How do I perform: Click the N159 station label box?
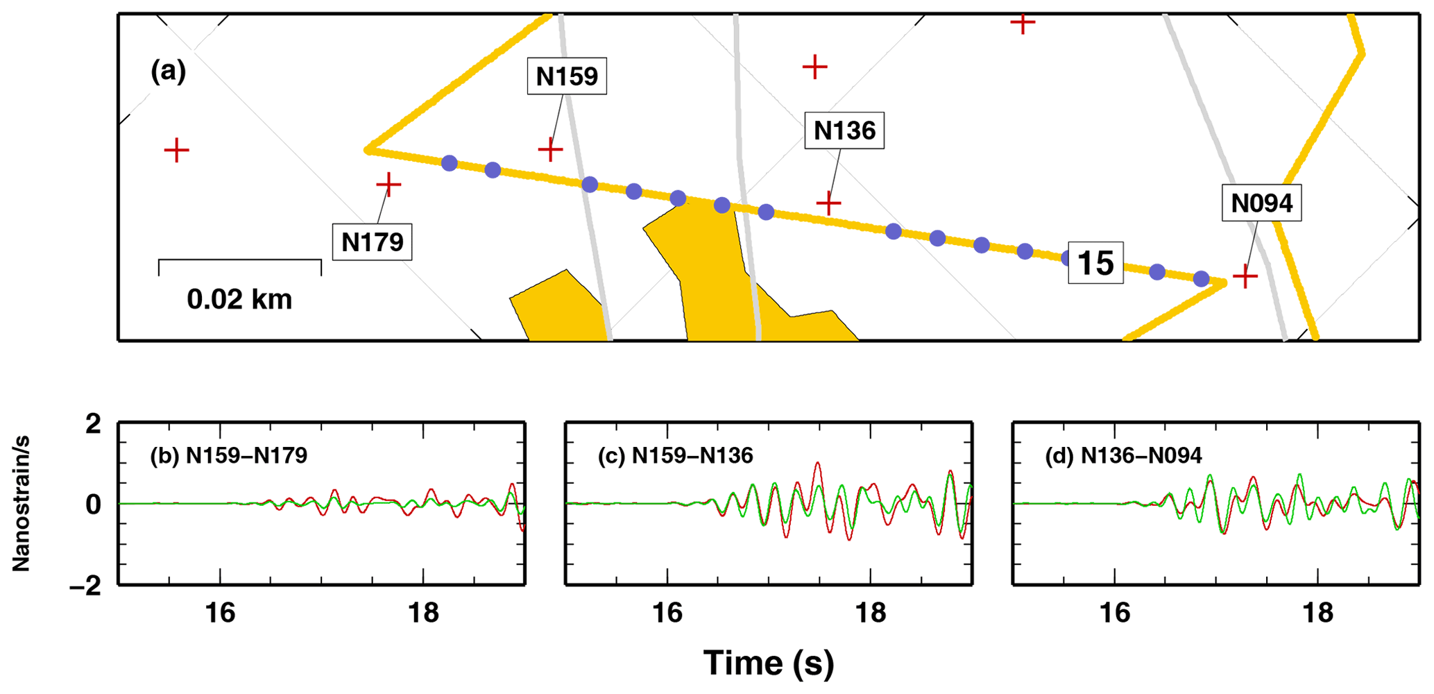coord(567,76)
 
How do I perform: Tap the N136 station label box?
coord(844,130)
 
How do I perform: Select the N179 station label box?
coord(372,242)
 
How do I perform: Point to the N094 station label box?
coord(1261,203)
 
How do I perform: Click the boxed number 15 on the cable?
coord(1095,263)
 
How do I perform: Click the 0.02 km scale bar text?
coord(239,299)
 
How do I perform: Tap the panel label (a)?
coord(168,71)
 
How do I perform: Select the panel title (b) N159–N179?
coord(229,455)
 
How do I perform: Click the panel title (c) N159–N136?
coord(675,455)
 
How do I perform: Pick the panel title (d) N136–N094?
coord(1123,455)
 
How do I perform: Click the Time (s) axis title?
coord(768,663)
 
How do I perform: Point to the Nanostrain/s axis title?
coord(21,504)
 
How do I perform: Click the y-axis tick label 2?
coord(93,424)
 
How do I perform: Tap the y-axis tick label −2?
coord(85,586)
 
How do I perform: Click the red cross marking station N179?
coord(389,185)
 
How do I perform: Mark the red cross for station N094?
coord(1245,277)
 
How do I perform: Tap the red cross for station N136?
coord(828,203)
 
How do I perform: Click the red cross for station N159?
coord(550,149)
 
